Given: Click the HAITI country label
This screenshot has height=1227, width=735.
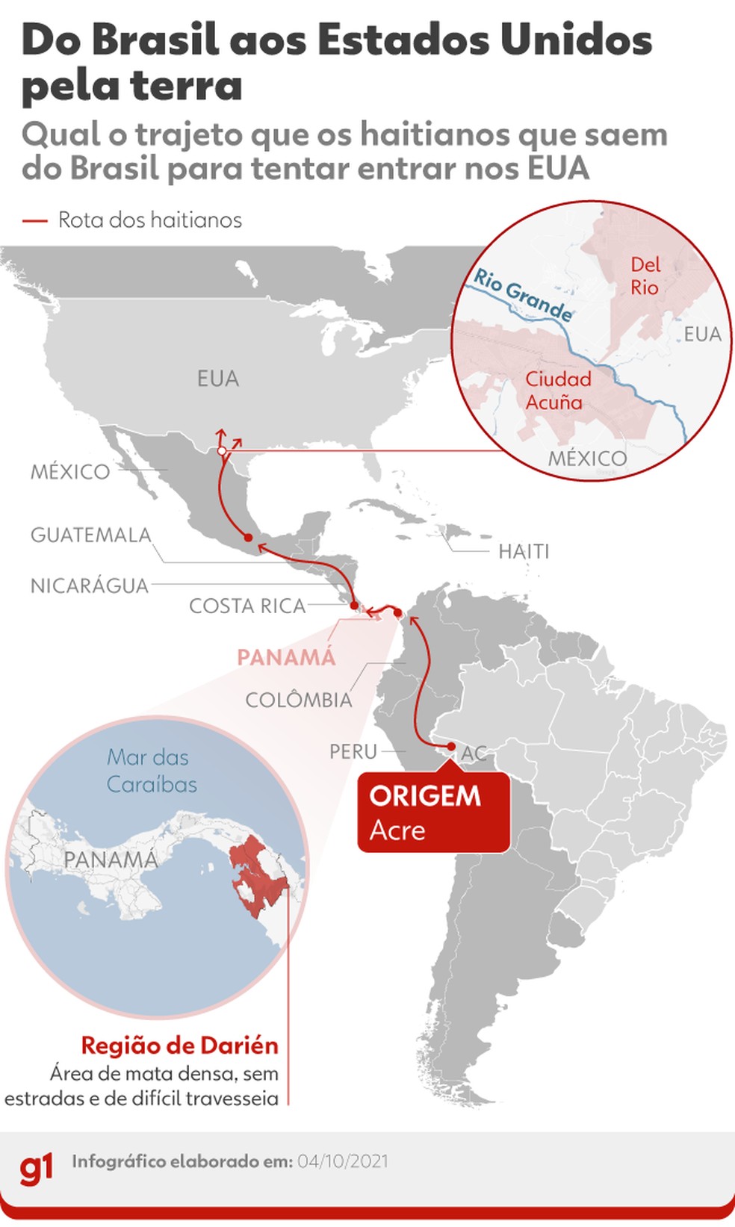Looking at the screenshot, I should tap(524, 551).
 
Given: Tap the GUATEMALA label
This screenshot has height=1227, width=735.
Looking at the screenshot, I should tap(90, 535).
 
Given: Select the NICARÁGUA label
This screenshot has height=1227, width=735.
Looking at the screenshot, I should tap(90, 585).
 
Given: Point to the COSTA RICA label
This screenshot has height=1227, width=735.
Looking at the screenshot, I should tap(247, 606).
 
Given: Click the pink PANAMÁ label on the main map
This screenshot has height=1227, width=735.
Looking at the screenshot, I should tap(286, 657).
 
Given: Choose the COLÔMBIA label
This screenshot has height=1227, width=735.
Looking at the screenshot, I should tap(299, 700).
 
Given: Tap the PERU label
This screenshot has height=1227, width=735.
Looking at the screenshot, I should tap(353, 751).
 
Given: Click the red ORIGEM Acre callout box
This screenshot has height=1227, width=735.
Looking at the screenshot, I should tap(433, 813).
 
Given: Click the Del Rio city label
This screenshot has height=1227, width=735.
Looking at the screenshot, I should tap(645, 276).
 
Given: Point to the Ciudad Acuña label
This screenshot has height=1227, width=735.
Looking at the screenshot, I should tap(557, 391).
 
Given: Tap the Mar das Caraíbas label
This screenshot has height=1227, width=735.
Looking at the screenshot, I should tap(152, 771).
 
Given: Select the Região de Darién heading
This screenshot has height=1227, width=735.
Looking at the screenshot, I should tap(179, 1045).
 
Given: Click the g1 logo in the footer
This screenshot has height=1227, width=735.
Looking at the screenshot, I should tap(36, 1167).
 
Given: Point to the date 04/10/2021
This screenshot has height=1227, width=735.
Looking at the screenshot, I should tap(343, 1161).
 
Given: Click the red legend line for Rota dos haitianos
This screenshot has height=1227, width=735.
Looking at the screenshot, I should tap(35, 220).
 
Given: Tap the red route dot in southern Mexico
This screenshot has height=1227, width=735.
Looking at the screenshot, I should tap(248, 537).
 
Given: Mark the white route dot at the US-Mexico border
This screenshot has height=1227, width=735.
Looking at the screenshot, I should tap(221, 451).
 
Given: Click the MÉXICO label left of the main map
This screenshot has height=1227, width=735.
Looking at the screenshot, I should tap(70, 472).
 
